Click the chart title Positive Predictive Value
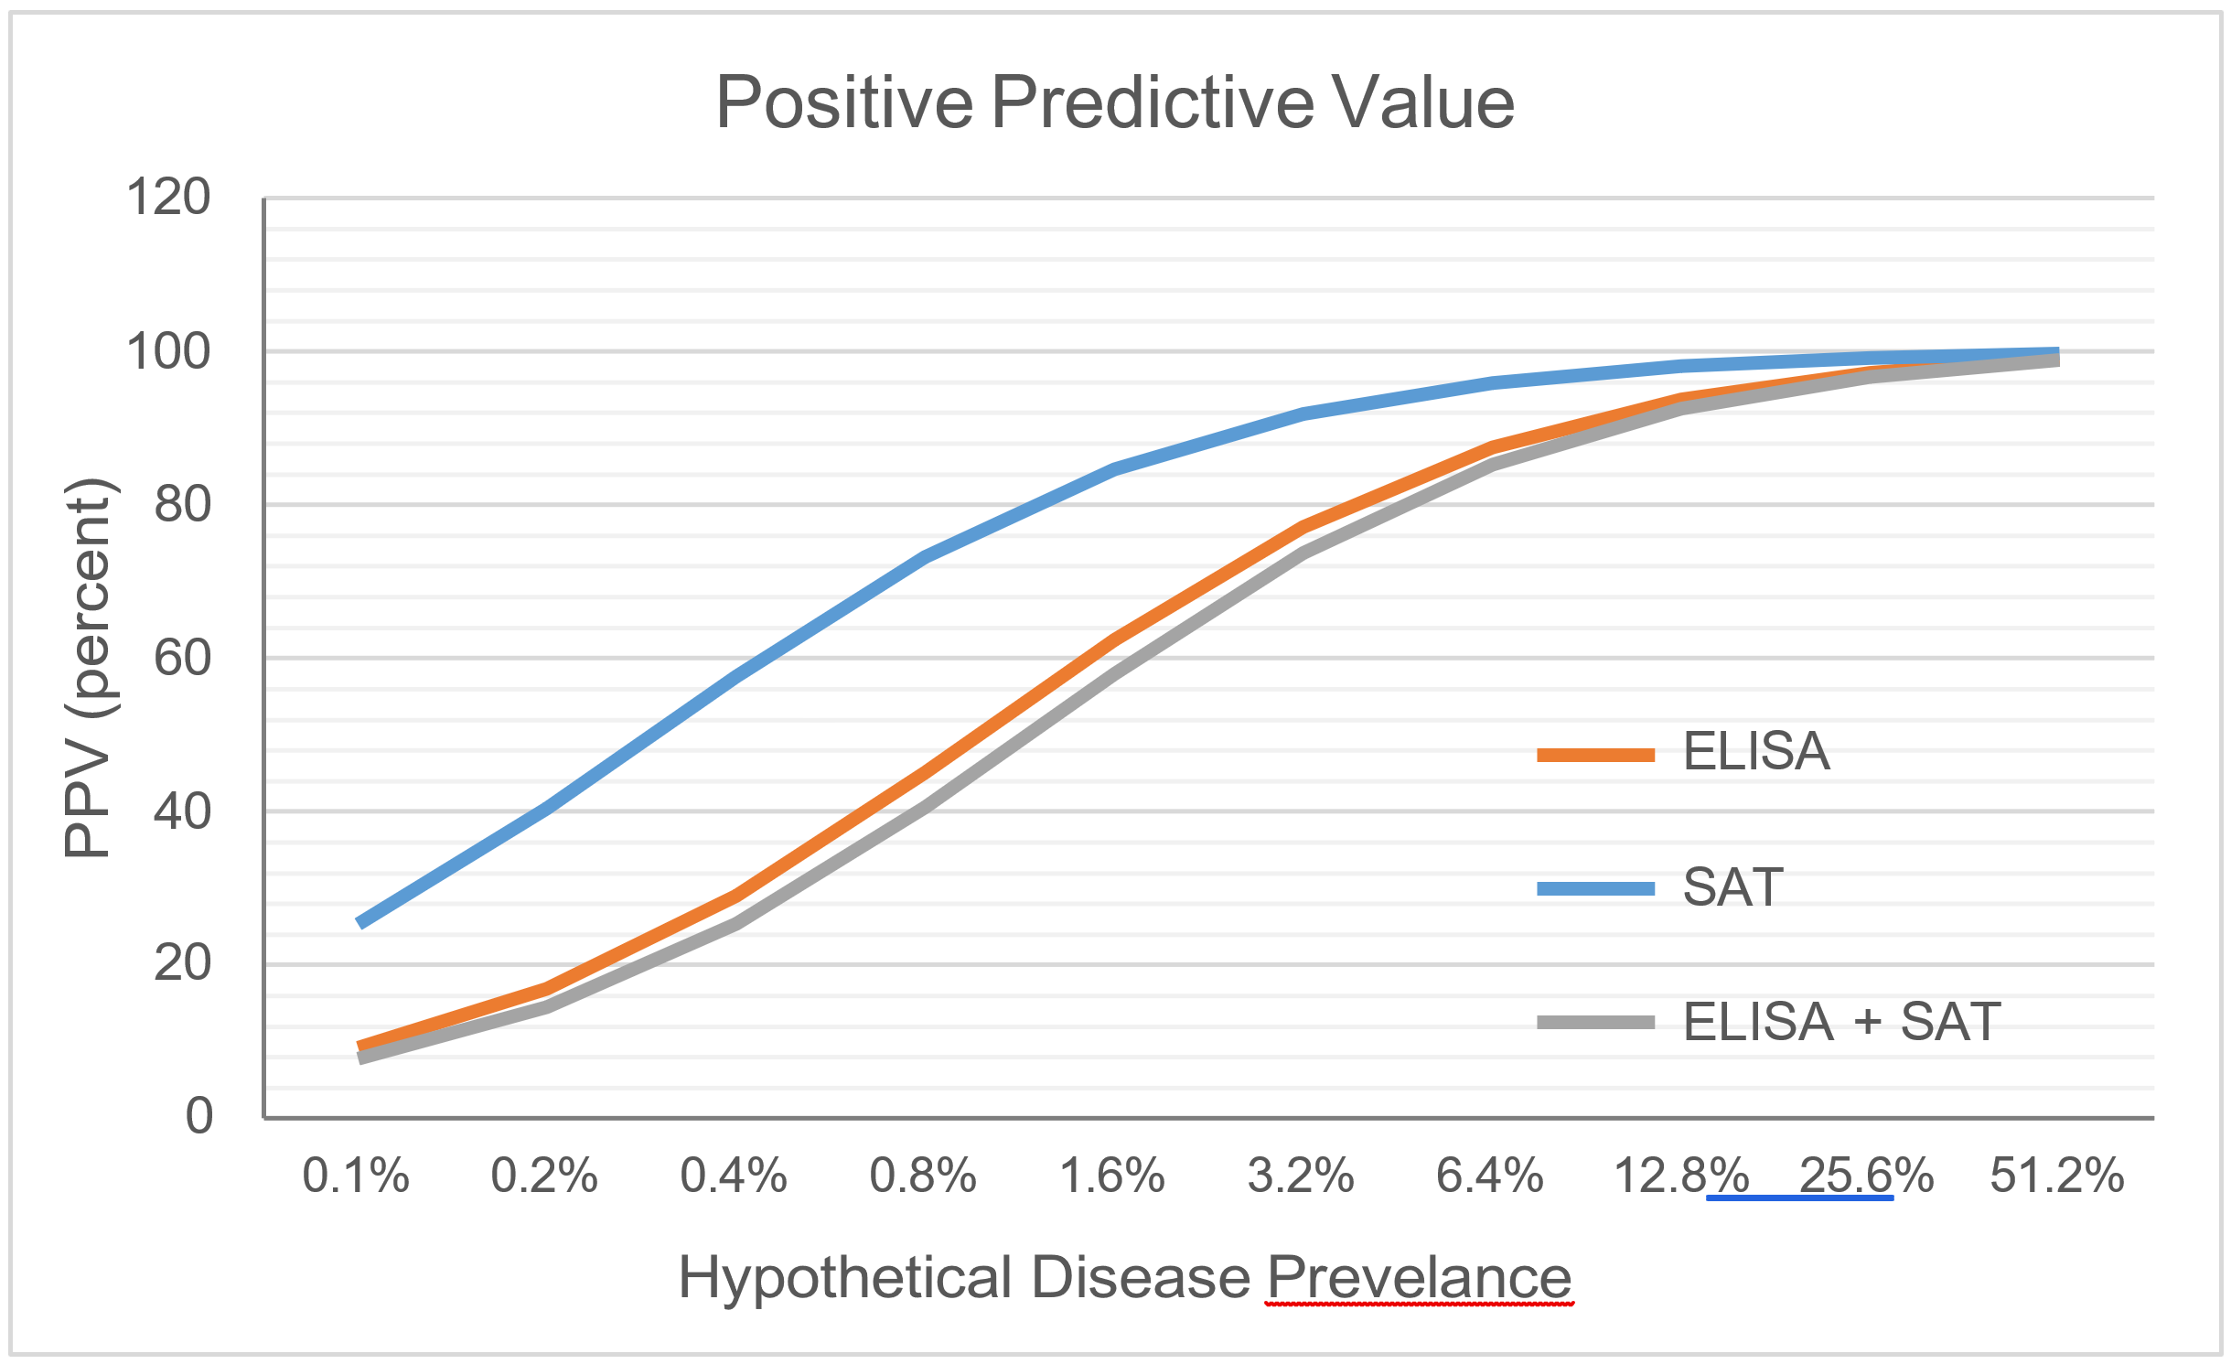tap(1114, 102)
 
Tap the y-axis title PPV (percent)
tap(89, 668)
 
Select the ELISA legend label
tap(1755, 752)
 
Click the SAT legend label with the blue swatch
tap(1732, 886)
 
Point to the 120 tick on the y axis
tap(168, 198)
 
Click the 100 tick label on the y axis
tap(168, 351)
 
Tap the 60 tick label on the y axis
tap(182, 658)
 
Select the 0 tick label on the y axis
tap(198, 1116)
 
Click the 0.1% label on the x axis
tap(356, 1176)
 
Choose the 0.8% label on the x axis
tap(923, 1176)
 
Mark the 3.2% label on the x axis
tap(1301, 1176)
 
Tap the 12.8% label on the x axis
tap(1681, 1176)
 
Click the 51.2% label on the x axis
tap(2056, 1176)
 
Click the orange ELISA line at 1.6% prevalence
tap(1113, 639)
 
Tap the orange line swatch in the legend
tap(1595, 755)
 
